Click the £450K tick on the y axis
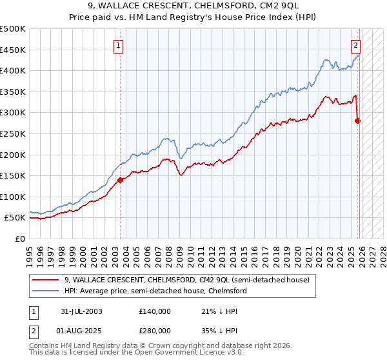click(x=13, y=50)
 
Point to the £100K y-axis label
click(x=13, y=197)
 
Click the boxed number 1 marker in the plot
click(x=119, y=45)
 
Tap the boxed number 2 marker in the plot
click(x=355, y=45)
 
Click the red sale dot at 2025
click(x=358, y=121)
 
